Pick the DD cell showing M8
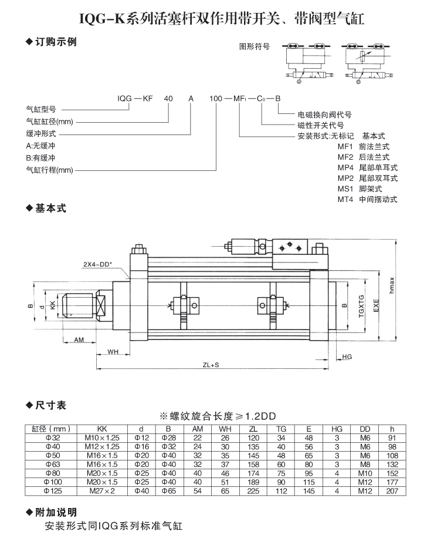click(363, 463)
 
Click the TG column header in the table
click(282, 428)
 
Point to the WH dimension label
click(113, 352)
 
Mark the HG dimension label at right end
click(346, 357)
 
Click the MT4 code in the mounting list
click(345, 199)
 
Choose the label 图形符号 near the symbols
click(254, 46)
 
